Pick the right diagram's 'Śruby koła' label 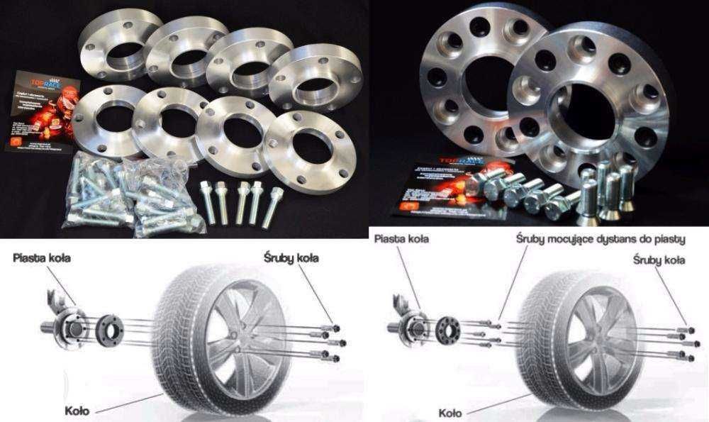coord(659,260)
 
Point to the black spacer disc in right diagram coord(447,330)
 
